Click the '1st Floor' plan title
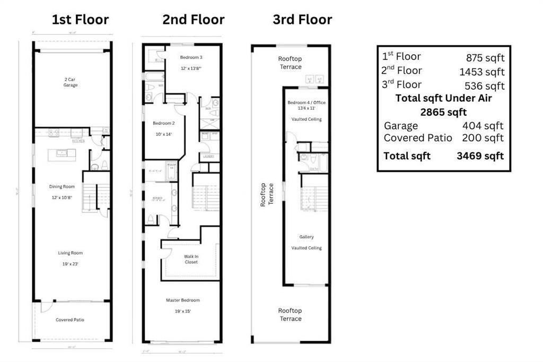[80, 20]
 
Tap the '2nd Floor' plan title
[193, 20]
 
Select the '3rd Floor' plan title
[302, 20]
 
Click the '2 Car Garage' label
[71, 82]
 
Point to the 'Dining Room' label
[62, 187]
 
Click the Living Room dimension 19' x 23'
[70, 263]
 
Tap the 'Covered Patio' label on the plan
[70, 320]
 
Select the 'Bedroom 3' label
[191, 57]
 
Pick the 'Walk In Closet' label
[191, 258]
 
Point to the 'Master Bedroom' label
[183, 300]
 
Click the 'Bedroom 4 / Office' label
[306, 102]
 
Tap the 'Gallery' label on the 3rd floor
[306, 237]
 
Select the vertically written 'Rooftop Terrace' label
[266, 194]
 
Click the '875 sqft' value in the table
[485, 58]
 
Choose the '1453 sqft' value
[482, 72]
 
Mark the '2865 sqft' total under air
[443, 113]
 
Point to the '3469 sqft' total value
[480, 156]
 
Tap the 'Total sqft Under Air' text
[443, 98]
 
